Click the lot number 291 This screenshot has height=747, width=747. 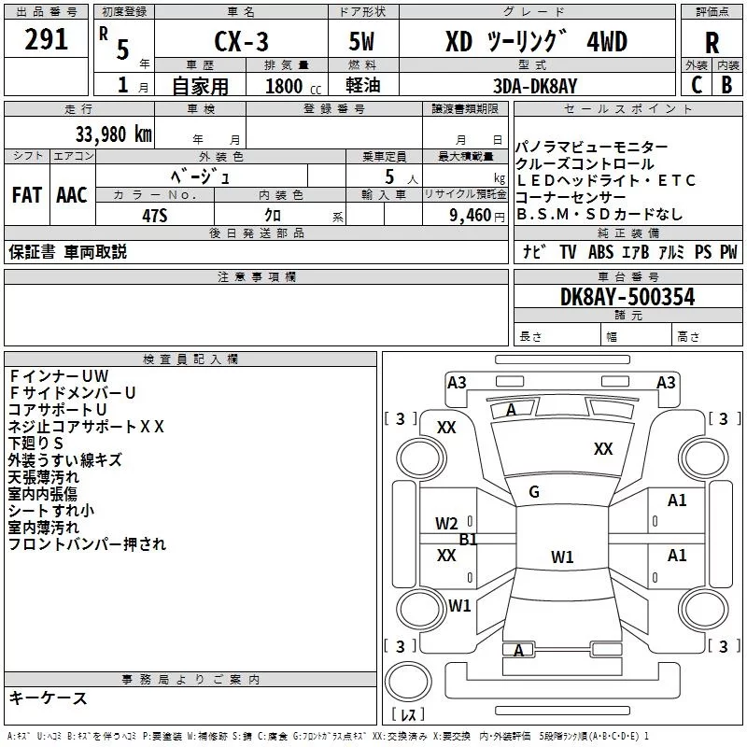click(x=46, y=39)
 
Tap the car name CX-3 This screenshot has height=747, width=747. click(x=241, y=41)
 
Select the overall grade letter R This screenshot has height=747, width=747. click(x=712, y=43)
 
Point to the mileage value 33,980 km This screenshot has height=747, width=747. click(x=114, y=134)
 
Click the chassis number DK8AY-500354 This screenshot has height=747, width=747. click(x=627, y=297)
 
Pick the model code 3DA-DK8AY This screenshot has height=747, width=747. click(x=535, y=86)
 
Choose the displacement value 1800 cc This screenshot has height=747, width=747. click(x=293, y=86)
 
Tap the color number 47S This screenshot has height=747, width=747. click(x=155, y=216)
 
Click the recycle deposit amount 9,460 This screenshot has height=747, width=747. click(x=471, y=216)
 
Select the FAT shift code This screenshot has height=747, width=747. click(x=27, y=195)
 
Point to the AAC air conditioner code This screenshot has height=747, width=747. click(x=72, y=195)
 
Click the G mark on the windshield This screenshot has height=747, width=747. click(x=534, y=492)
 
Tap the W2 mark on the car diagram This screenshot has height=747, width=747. click(x=446, y=524)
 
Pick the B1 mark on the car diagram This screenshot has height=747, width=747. click(x=468, y=540)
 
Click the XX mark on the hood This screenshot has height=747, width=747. click(x=603, y=449)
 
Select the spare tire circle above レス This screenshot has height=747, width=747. click(x=408, y=682)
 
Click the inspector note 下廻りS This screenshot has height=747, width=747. click(x=35, y=443)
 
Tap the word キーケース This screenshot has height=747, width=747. click(x=49, y=698)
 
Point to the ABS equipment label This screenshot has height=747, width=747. click(x=600, y=251)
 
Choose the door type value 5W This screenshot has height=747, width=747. click(x=361, y=41)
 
